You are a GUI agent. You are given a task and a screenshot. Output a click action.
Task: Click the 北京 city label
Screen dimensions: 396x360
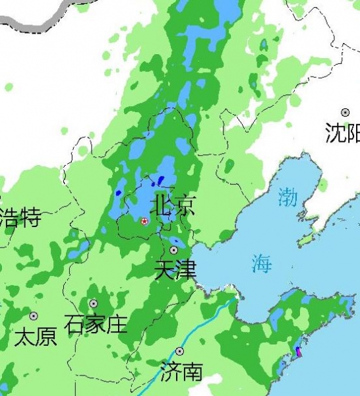pos(173,205)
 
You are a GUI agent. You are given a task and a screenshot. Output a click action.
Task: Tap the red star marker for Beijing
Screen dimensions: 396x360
pos(145,221)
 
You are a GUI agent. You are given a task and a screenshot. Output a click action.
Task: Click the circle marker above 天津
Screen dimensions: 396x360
pos(174,250)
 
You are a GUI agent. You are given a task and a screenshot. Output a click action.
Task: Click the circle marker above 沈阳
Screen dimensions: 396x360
pos(345,113)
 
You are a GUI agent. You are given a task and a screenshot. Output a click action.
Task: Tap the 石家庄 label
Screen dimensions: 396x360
pos(96,324)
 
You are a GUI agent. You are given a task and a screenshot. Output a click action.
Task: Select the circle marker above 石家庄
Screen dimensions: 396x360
pos(94,304)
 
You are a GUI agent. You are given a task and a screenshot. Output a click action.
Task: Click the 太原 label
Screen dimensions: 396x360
pos(36,337)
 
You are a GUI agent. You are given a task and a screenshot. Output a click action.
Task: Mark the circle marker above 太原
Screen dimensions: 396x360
pos(34,316)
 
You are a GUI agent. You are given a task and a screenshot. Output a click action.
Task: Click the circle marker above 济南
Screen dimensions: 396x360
pos(179,351)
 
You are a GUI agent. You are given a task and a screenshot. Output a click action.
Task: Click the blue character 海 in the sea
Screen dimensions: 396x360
pos(261,264)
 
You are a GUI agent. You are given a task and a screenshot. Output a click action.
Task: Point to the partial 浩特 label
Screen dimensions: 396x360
pos(20,217)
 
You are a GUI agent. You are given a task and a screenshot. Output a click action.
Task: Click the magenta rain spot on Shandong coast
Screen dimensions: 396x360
pos(298,351)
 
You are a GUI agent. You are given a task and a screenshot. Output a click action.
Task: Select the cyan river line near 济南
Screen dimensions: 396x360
pos(198,337)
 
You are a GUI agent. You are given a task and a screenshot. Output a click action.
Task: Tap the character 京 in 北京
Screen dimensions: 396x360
pos(185,205)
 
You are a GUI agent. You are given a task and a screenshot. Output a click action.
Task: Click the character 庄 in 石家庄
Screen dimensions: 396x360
pos(117,324)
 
